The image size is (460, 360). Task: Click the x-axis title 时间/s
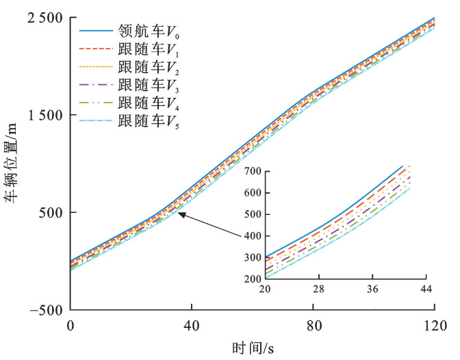253,348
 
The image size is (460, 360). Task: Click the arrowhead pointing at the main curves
179,214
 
